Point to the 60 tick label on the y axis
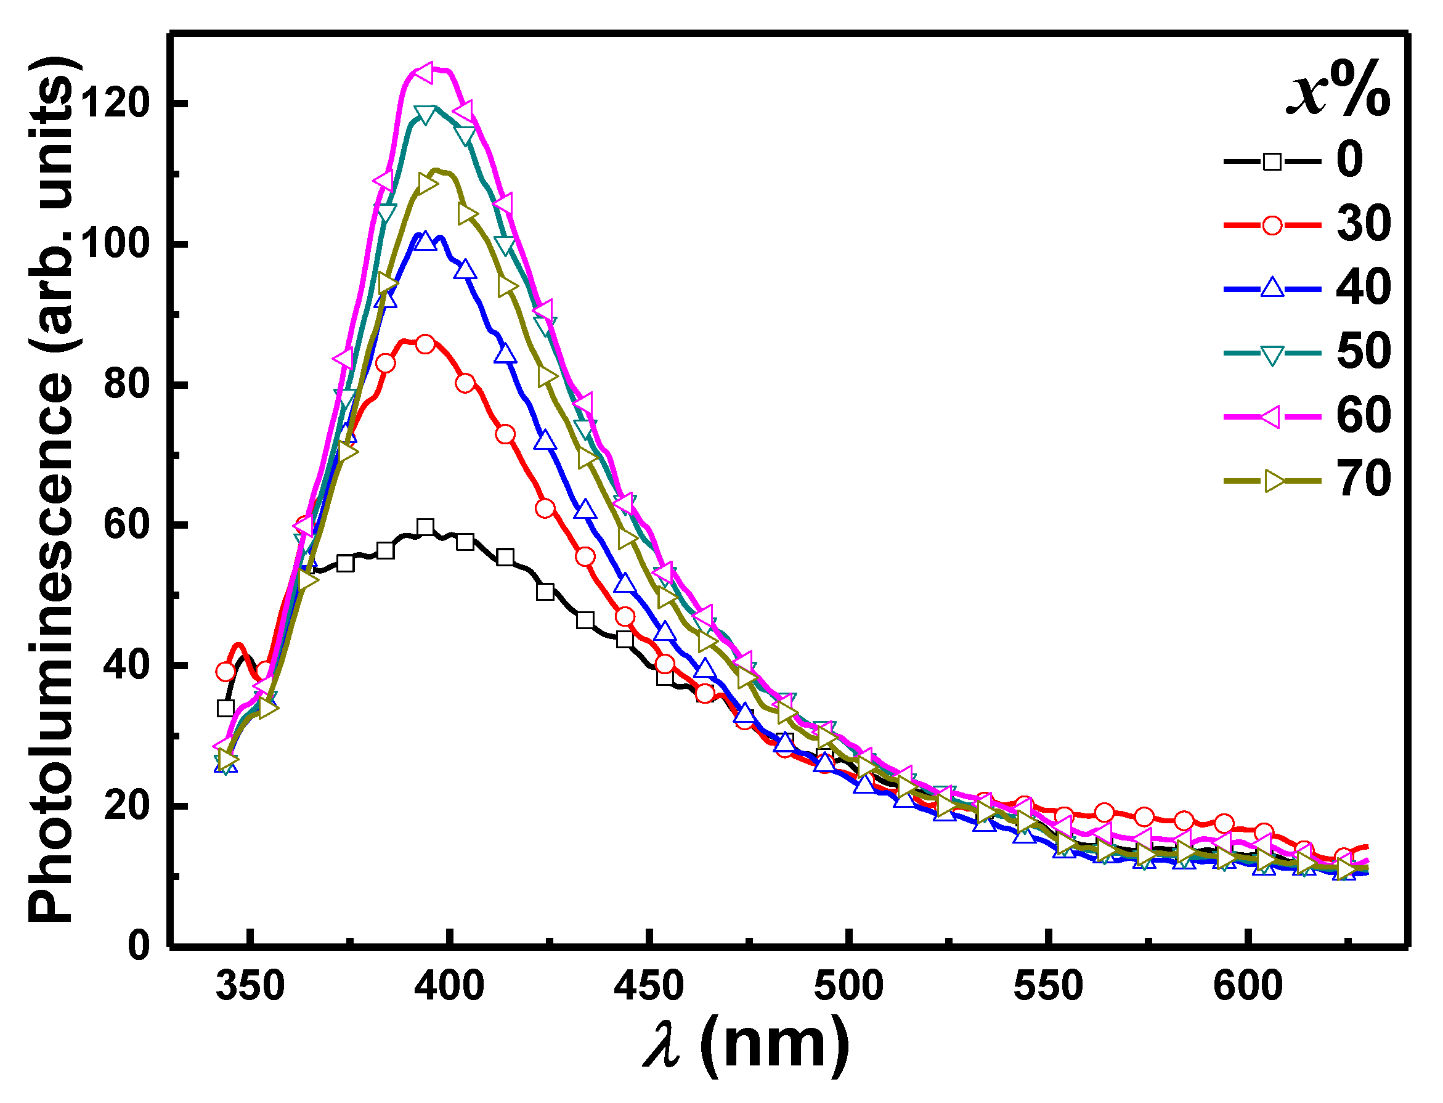pyautogui.click(x=126, y=525)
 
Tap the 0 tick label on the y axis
pyautogui.click(x=139, y=946)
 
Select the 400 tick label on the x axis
pyautogui.click(x=449, y=986)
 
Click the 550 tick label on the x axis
pyautogui.click(x=1049, y=986)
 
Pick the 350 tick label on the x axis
pyautogui.click(x=250, y=986)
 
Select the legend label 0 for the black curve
pyautogui.click(x=1350, y=160)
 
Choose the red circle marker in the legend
pyautogui.click(x=1272, y=225)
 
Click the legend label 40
pyautogui.click(x=1363, y=288)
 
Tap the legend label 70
pyautogui.click(x=1363, y=480)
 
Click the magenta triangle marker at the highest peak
pyautogui.click(x=423, y=73)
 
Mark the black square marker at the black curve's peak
pyautogui.click(x=425, y=527)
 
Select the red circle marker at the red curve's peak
pyautogui.click(x=425, y=344)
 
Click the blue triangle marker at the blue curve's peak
pyautogui.click(x=425, y=241)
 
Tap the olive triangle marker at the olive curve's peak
pyautogui.click(x=427, y=184)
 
